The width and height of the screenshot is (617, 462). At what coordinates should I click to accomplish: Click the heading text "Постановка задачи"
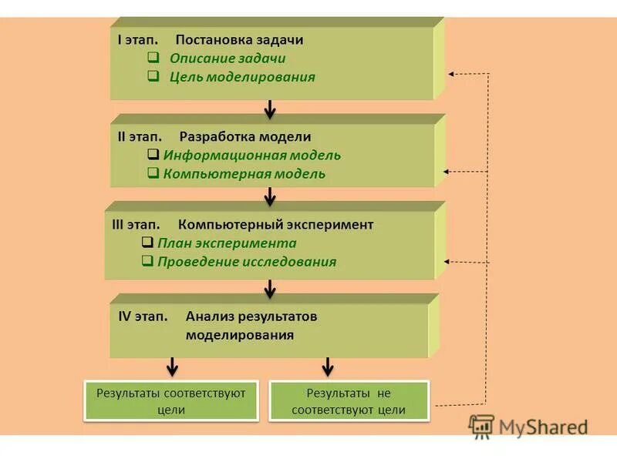239,40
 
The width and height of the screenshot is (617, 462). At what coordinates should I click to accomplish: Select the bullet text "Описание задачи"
228,59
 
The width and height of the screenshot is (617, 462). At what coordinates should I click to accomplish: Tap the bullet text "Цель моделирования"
242,77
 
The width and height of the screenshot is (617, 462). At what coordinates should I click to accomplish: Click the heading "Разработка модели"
245,137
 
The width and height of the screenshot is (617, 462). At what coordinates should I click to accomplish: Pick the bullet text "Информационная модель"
251,156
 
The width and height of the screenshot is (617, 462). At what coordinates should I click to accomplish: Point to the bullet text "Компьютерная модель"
244,174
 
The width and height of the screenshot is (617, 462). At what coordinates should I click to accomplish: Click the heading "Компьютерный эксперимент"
275,225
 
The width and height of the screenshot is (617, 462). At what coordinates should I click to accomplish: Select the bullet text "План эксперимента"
227,243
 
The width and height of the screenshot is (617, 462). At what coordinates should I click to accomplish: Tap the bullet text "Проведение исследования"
247,262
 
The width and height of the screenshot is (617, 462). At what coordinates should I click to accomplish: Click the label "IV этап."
143,316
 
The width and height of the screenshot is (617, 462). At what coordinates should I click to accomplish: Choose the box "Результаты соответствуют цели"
170,401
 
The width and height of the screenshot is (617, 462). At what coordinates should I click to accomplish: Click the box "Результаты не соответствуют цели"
349,401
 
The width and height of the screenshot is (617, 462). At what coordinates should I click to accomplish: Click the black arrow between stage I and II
270,109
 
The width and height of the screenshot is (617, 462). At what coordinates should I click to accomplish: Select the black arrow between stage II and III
270,197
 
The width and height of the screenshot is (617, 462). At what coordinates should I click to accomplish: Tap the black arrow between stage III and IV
270,289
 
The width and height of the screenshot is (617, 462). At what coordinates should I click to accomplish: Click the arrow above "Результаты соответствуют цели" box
172,366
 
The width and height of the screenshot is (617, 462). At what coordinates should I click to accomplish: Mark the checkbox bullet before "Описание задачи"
153,59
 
